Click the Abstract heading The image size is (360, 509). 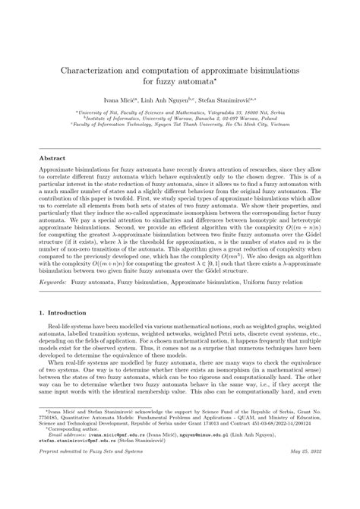click(52, 158)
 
